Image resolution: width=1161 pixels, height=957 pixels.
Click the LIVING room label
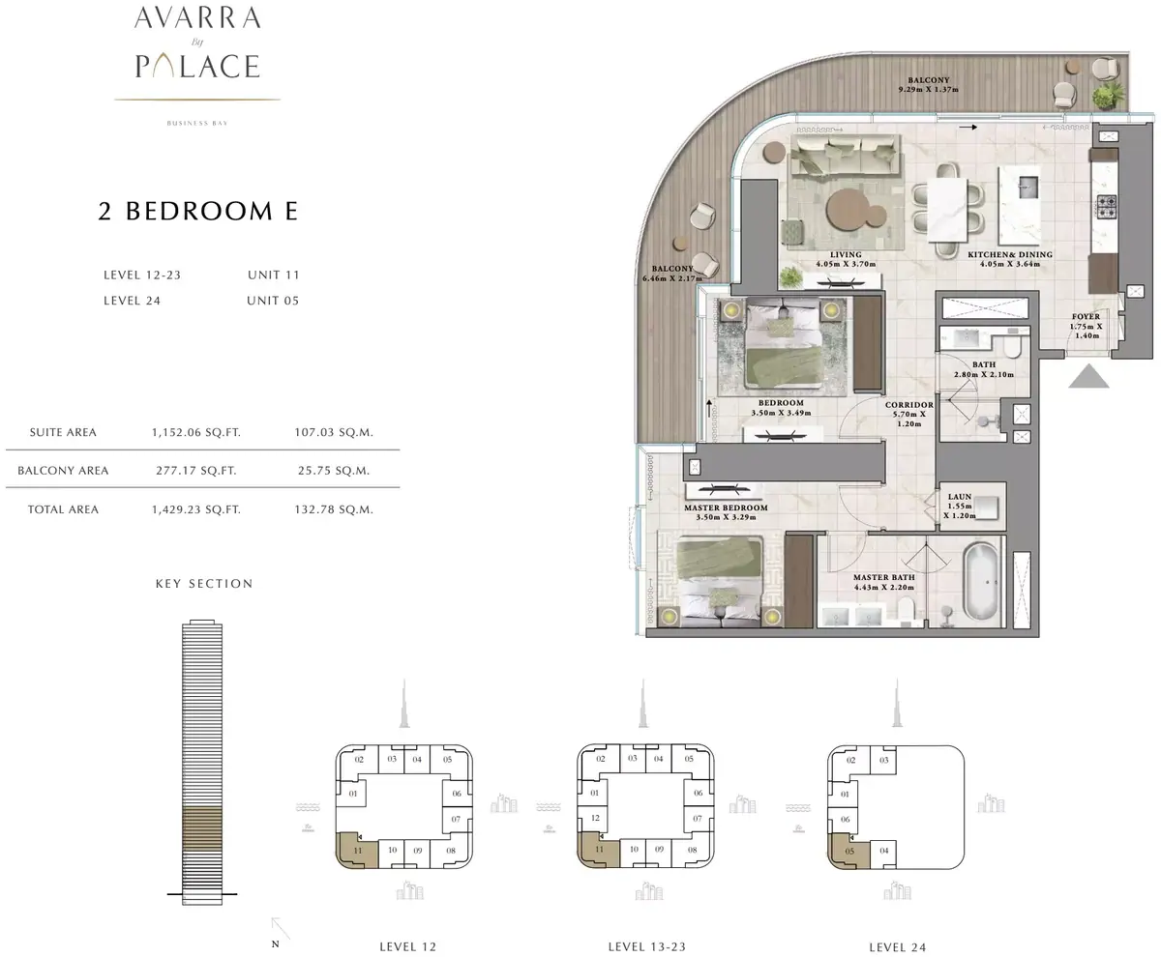coord(846,254)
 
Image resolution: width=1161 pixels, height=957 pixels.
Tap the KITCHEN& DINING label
coord(1010,254)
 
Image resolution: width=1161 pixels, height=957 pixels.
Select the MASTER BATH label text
coord(883,577)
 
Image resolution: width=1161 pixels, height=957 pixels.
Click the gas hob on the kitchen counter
coord(1106,206)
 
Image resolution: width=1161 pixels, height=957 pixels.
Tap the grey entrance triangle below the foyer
coord(1088,376)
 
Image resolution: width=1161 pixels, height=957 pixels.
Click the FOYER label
coord(1086,317)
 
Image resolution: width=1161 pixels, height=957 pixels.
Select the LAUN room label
coord(960,496)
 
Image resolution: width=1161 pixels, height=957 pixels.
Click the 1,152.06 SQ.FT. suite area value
coord(196,432)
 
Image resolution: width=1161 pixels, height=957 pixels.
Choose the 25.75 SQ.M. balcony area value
coord(334,471)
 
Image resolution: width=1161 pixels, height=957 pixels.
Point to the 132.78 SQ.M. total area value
coord(334,509)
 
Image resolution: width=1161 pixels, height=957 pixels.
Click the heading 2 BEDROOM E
coord(198,211)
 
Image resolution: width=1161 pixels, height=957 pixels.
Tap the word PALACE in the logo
coord(197,66)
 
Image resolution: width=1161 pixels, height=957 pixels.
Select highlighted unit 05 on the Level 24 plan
coord(848,851)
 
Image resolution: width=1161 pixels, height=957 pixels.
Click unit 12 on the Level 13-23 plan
coord(595,818)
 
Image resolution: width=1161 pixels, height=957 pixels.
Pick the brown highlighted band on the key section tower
coord(202,828)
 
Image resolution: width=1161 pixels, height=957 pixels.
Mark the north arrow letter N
coord(275,943)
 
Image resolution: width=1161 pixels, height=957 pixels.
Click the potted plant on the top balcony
coord(1107,96)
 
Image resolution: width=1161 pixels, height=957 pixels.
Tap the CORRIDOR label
coord(909,405)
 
